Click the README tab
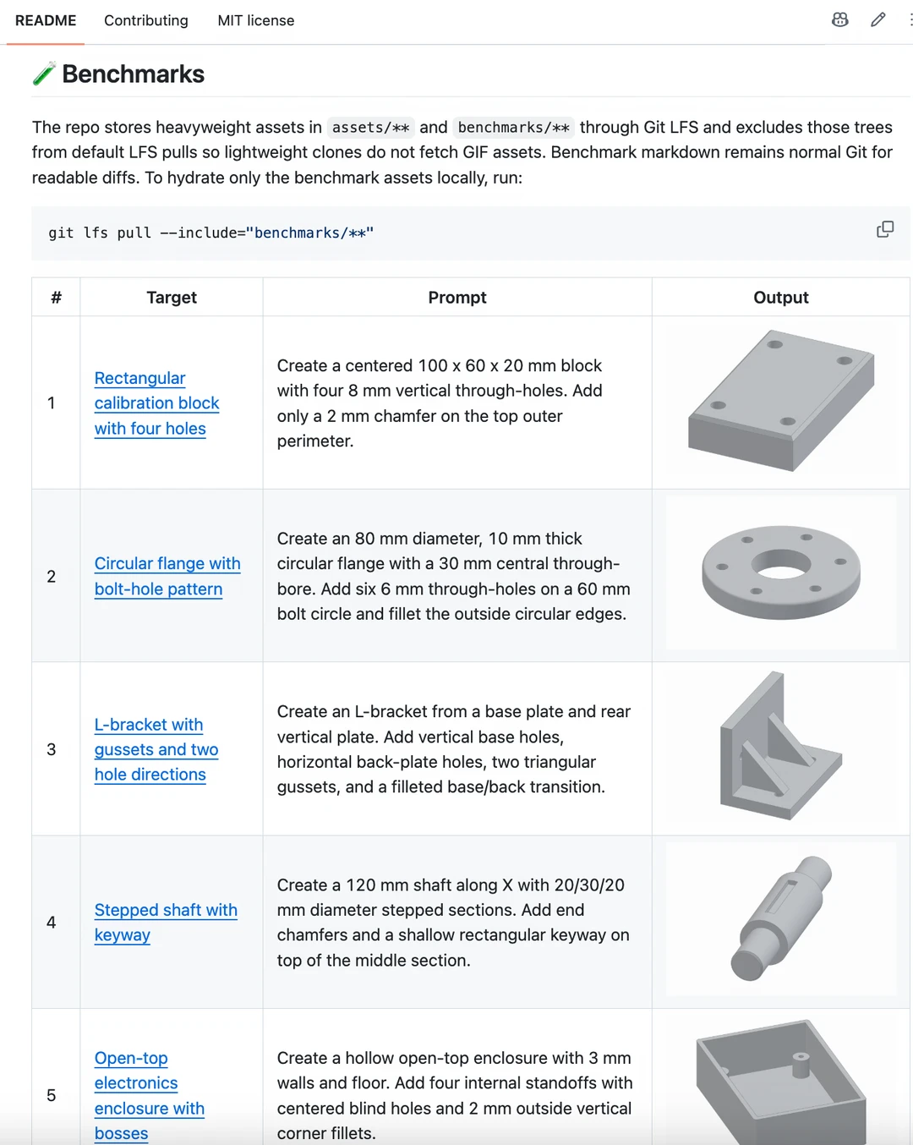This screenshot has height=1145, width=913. [x=46, y=21]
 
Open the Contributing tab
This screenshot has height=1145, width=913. [x=145, y=21]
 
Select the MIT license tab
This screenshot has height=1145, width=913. [x=256, y=21]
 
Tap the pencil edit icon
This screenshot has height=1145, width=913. [x=877, y=20]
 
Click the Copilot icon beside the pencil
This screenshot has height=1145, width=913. [x=839, y=20]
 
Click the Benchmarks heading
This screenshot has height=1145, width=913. [x=133, y=74]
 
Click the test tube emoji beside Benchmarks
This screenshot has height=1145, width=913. [x=44, y=74]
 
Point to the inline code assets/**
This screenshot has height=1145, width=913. [x=371, y=128]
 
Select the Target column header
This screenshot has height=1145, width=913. [x=172, y=298]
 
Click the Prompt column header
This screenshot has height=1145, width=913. [x=457, y=298]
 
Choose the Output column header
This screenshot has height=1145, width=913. [x=780, y=298]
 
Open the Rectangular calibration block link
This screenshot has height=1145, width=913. [x=157, y=403]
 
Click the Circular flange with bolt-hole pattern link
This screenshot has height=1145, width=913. [x=167, y=576]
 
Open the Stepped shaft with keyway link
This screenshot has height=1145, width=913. [x=166, y=922]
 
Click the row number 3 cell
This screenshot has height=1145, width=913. [x=52, y=750]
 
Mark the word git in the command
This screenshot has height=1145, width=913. [x=61, y=233]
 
